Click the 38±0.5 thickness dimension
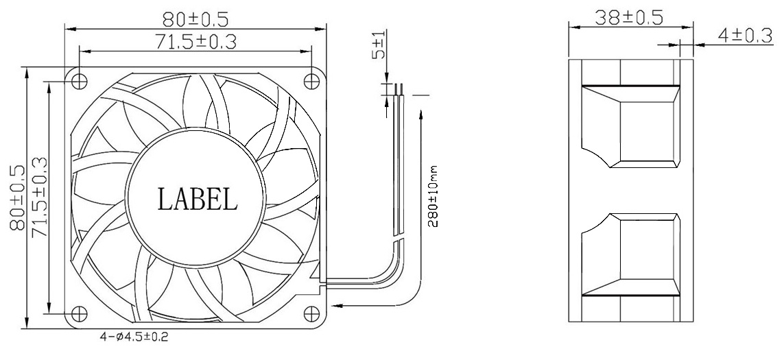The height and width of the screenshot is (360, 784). point(629,17)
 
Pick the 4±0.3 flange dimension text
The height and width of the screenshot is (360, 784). point(745,36)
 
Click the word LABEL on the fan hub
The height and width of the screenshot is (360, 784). point(198,199)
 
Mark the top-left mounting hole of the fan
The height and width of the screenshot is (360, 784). point(80,80)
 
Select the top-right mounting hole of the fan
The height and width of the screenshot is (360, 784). point(313,80)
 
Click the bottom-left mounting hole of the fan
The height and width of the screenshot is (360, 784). point(80,312)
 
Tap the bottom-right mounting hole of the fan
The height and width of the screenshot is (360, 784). point(313,312)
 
